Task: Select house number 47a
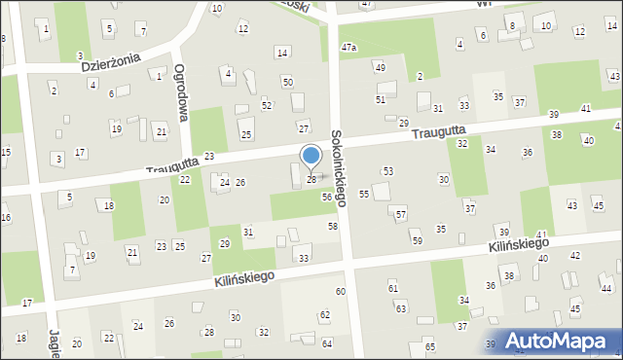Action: pyautogui.click(x=348, y=47)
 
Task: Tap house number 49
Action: pyautogui.click(x=380, y=67)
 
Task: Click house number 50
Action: pyautogui.click(x=287, y=82)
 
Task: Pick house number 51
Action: pyautogui.click(x=381, y=99)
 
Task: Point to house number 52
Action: pyautogui.click(x=267, y=105)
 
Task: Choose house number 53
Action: pyautogui.click(x=387, y=171)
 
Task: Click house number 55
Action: pyautogui.click(x=364, y=195)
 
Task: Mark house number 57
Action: pyautogui.click(x=400, y=214)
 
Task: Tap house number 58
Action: pyautogui.click(x=333, y=226)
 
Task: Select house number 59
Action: pyautogui.click(x=417, y=240)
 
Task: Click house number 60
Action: pyautogui.click(x=341, y=292)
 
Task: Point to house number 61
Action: pyautogui.click(x=393, y=288)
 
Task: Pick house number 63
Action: pyautogui.click(x=400, y=308)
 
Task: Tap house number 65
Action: pyautogui.click(x=429, y=347)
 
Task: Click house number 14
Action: pyautogui.click(x=282, y=52)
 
